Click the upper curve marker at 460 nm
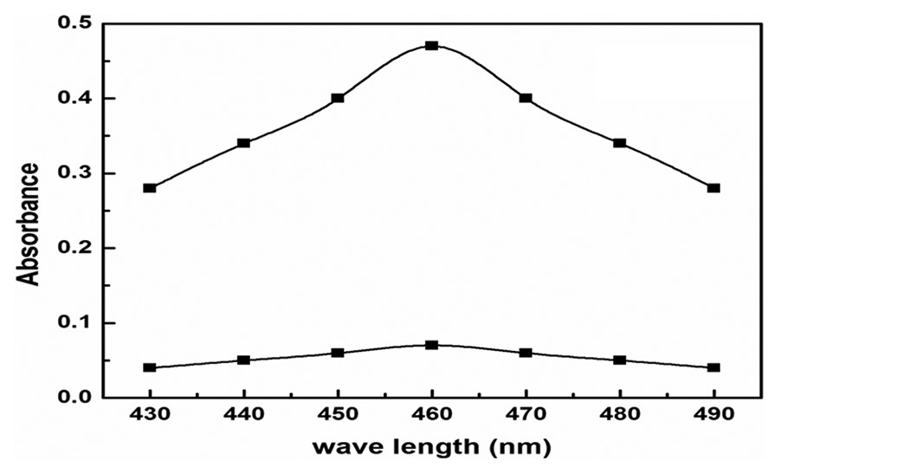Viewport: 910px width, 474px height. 431,46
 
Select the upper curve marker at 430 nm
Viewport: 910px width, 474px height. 150,188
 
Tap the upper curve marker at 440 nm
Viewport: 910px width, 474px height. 244,143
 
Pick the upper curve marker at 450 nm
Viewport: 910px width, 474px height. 338,98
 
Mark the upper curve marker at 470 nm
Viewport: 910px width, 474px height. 526,98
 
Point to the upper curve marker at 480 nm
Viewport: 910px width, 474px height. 619,143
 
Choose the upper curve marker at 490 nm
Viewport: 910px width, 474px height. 713,188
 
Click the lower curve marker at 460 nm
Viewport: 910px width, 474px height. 431,345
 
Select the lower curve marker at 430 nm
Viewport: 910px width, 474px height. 150,367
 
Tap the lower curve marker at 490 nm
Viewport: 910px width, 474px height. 713,367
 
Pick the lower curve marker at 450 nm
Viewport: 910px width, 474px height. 338,353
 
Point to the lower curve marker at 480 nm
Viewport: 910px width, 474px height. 619,360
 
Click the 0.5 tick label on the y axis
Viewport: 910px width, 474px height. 74,23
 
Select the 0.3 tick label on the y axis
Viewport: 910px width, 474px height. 74,173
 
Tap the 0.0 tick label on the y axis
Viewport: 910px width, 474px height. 74,397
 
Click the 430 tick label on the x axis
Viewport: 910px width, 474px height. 150,414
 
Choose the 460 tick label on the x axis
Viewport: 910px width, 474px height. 431,414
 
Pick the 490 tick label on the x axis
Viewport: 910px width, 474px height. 713,414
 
